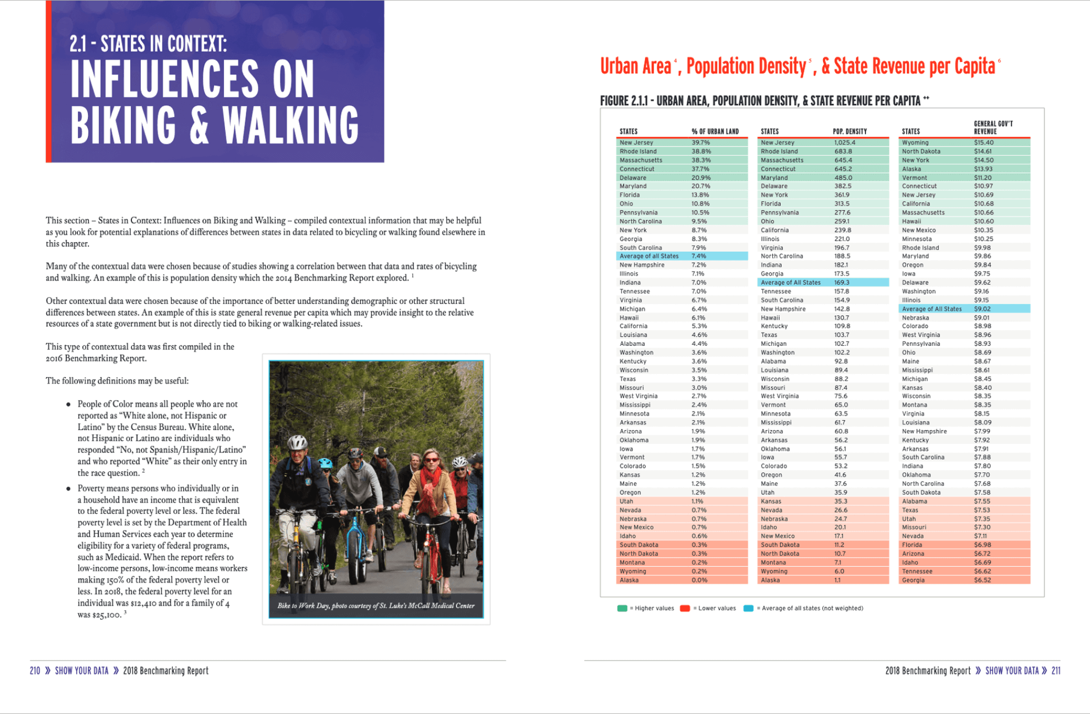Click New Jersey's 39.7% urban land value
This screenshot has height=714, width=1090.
700,142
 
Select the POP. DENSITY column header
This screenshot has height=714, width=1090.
850,131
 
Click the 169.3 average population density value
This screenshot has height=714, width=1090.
842,282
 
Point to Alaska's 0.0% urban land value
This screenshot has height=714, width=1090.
699,580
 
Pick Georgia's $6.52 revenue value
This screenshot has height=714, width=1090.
982,580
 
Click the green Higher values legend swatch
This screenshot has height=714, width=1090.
622,608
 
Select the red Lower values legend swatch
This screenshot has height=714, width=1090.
685,608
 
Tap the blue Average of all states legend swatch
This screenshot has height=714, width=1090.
748,608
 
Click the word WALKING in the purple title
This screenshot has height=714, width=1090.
290,126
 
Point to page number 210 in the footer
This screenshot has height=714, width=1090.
35,671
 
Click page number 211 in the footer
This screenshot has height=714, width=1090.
1056,671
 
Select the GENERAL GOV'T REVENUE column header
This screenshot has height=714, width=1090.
993,128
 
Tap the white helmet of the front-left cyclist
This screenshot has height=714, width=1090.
297,442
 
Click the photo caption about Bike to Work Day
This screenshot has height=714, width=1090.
376,605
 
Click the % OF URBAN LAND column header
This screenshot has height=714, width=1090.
714,131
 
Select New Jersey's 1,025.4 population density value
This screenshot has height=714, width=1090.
844,142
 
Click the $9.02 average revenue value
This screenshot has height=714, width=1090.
982,309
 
